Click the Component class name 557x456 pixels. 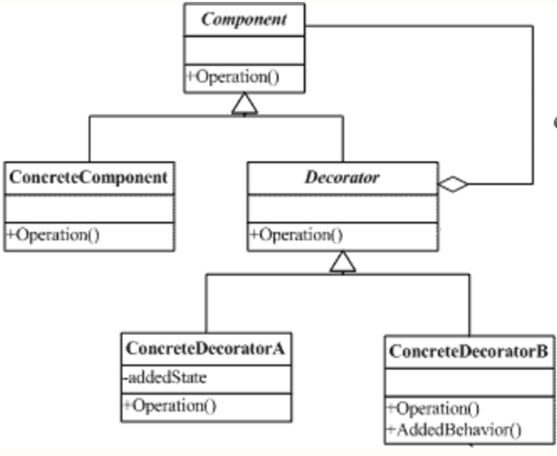click(x=244, y=19)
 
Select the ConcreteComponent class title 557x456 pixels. click(x=89, y=177)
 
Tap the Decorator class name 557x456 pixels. click(x=342, y=177)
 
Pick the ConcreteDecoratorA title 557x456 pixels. click(x=205, y=348)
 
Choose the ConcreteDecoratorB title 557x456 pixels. click(x=468, y=351)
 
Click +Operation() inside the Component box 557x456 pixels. click(x=233, y=77)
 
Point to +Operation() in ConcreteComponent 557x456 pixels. click(x=54, y=235)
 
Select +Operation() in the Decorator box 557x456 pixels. click(x=296, y=235)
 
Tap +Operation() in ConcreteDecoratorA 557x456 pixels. click(x=170, y=405)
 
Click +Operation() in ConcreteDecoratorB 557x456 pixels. click(x=434, y=408)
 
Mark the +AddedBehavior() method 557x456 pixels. click(x=455, y=429)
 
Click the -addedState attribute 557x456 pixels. click(x=165, y=378)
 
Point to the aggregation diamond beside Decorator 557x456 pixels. click(x=453, y=184)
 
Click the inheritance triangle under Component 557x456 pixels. click(x=245, y=104)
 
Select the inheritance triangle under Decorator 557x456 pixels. click(x=343, y=261)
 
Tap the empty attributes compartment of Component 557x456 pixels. click(x=244, y=51)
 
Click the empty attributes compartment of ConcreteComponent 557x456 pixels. click(x=89, y=209)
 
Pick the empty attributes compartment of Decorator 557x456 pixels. click(x=343, y=209)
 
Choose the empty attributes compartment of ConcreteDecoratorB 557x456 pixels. click(x=470, y=383)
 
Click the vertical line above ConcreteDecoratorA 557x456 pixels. click(x=206, y=303)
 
